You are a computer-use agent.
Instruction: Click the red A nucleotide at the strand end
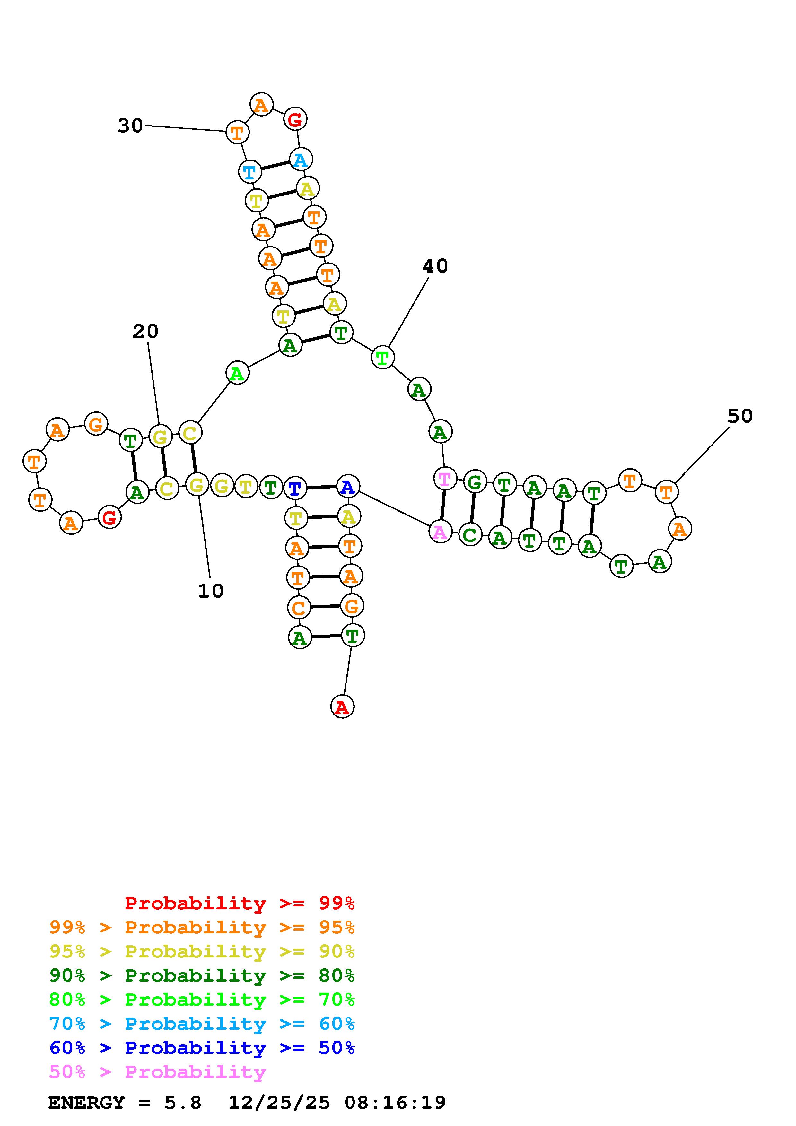click(x=342, y=707)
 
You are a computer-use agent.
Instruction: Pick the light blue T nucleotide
click(x=249, y=172)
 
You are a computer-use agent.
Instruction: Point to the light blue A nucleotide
click(x=301, y=160)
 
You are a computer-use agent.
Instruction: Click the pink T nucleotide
click(x=445, y=479)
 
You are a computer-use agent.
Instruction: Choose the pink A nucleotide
click(x=440, y=532)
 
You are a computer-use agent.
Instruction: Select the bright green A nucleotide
click(x=237, y=374)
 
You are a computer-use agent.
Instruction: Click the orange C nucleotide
click(x=298, y=608)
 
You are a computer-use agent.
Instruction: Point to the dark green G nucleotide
click(x=474, y=482)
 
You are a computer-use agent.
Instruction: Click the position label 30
click(x=130, y=126)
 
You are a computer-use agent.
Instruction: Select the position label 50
click(x=739, y=416)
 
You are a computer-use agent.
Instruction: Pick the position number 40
click(x=435, y=266)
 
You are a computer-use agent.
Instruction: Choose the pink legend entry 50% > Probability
click(x=157, y=1071)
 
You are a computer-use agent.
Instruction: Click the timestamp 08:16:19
click(x=395, y=1103)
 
